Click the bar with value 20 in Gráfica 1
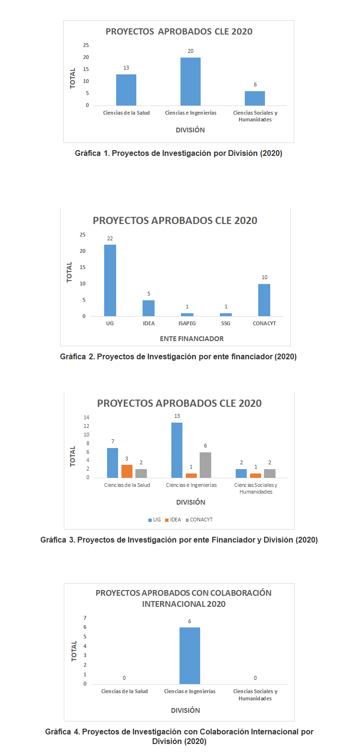pyautogui.click(x=191, y=81)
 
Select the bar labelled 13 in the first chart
pyautogui.click(x=126, y=90)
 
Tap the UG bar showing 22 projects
pyautogui.click(x=110, y=280)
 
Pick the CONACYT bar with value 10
pyautogui.click(x=264, y=300)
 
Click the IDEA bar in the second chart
pyautogui.click(x=149, y=308)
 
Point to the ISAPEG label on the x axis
pyautogui.click(x=187, y=323)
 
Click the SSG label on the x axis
pyautogui.click(x=226, y=323)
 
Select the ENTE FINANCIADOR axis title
pyautogui.click(x=192, y=339)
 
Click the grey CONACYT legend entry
pyautogui.click(x=199, y=520)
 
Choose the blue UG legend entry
pyautogui.click(x=154, y=520)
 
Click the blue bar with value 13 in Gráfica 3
pyautogui.click(x=177, y=450)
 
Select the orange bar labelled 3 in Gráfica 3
pyautogui.click(x=127, y=471)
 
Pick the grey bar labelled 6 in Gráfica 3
pyautogui.click(x=205, y=465)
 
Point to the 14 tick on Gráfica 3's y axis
pyautogui.click(x=86, y=417)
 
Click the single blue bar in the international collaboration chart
pyautogui.click(x=190, y=655)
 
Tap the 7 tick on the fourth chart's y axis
pyautogui.click(x=85, y=618)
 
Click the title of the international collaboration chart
pyautogui.click(x=183, y=598)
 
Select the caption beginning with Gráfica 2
pyautogui.click(x=178, y=356)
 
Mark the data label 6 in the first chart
pyautogui.click(x=255, y=84)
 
